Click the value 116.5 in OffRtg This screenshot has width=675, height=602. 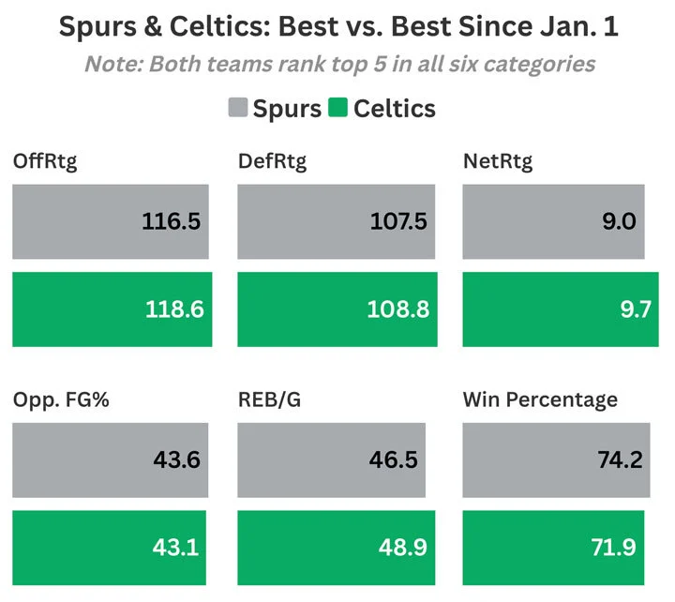pyautogui.click(x=172, y=222)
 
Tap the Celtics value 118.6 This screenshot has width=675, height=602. pyautogui.click(x=174, y=309)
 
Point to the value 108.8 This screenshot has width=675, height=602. pyautogui.click(x=400, y=309)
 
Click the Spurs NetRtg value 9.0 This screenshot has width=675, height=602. pyautogui.click(x=619, y=222)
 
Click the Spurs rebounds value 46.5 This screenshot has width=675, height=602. pyautogui.click(x=397, y=460)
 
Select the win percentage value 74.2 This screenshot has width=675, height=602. pyautogui.click(x=618, y=460)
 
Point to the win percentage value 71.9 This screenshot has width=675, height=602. pyautogui.click(x=621, y=547)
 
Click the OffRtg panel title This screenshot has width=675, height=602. pyautogui.click(x=45, y=161)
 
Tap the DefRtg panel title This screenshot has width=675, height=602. pyautogui.click(x=272, y=161)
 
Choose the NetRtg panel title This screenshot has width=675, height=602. pyautogui.click(x=498, y=161)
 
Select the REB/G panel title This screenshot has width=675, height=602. pyautogui.click(x=269, y=400)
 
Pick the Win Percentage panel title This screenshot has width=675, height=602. pyautogui.click(x=540, y=400)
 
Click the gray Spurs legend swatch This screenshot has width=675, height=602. pyautogui.click(x=238, y=109)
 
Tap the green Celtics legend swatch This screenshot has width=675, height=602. pyautogui.click(x=338, y=109)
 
